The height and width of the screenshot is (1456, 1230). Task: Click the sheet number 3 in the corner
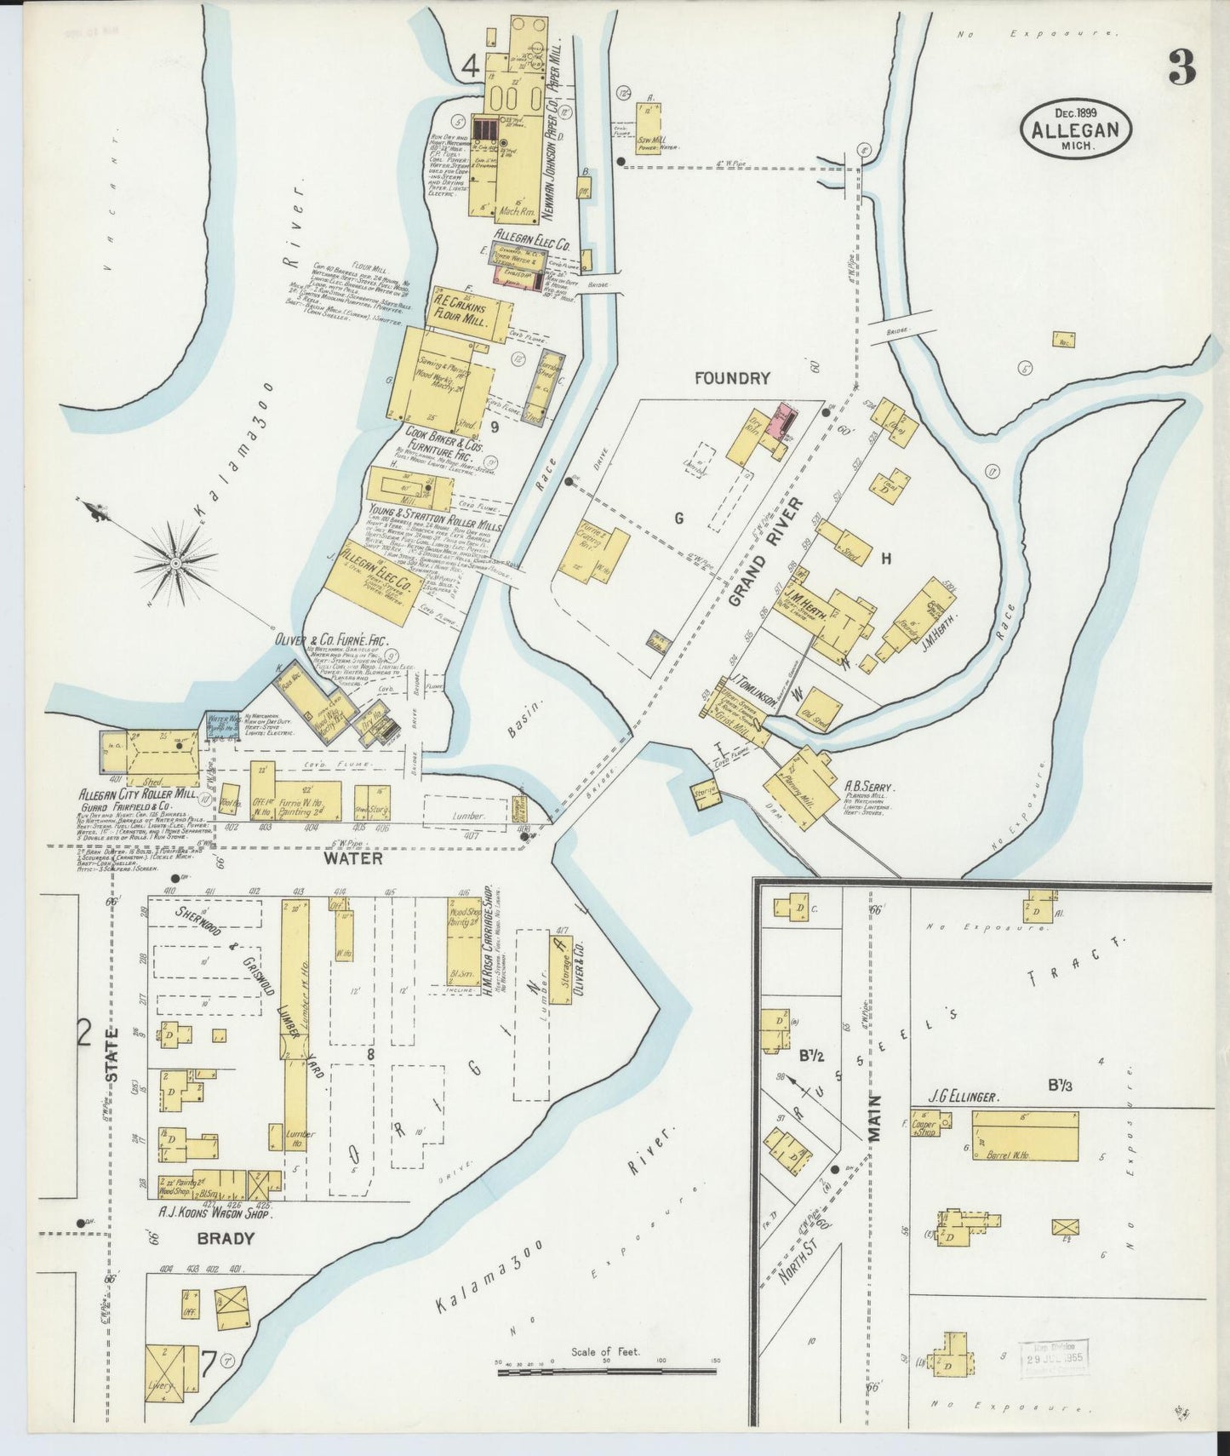coord(1181,67)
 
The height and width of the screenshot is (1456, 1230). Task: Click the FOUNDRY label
coord(732,379)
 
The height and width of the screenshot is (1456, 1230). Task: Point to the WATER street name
coord(352,859)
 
